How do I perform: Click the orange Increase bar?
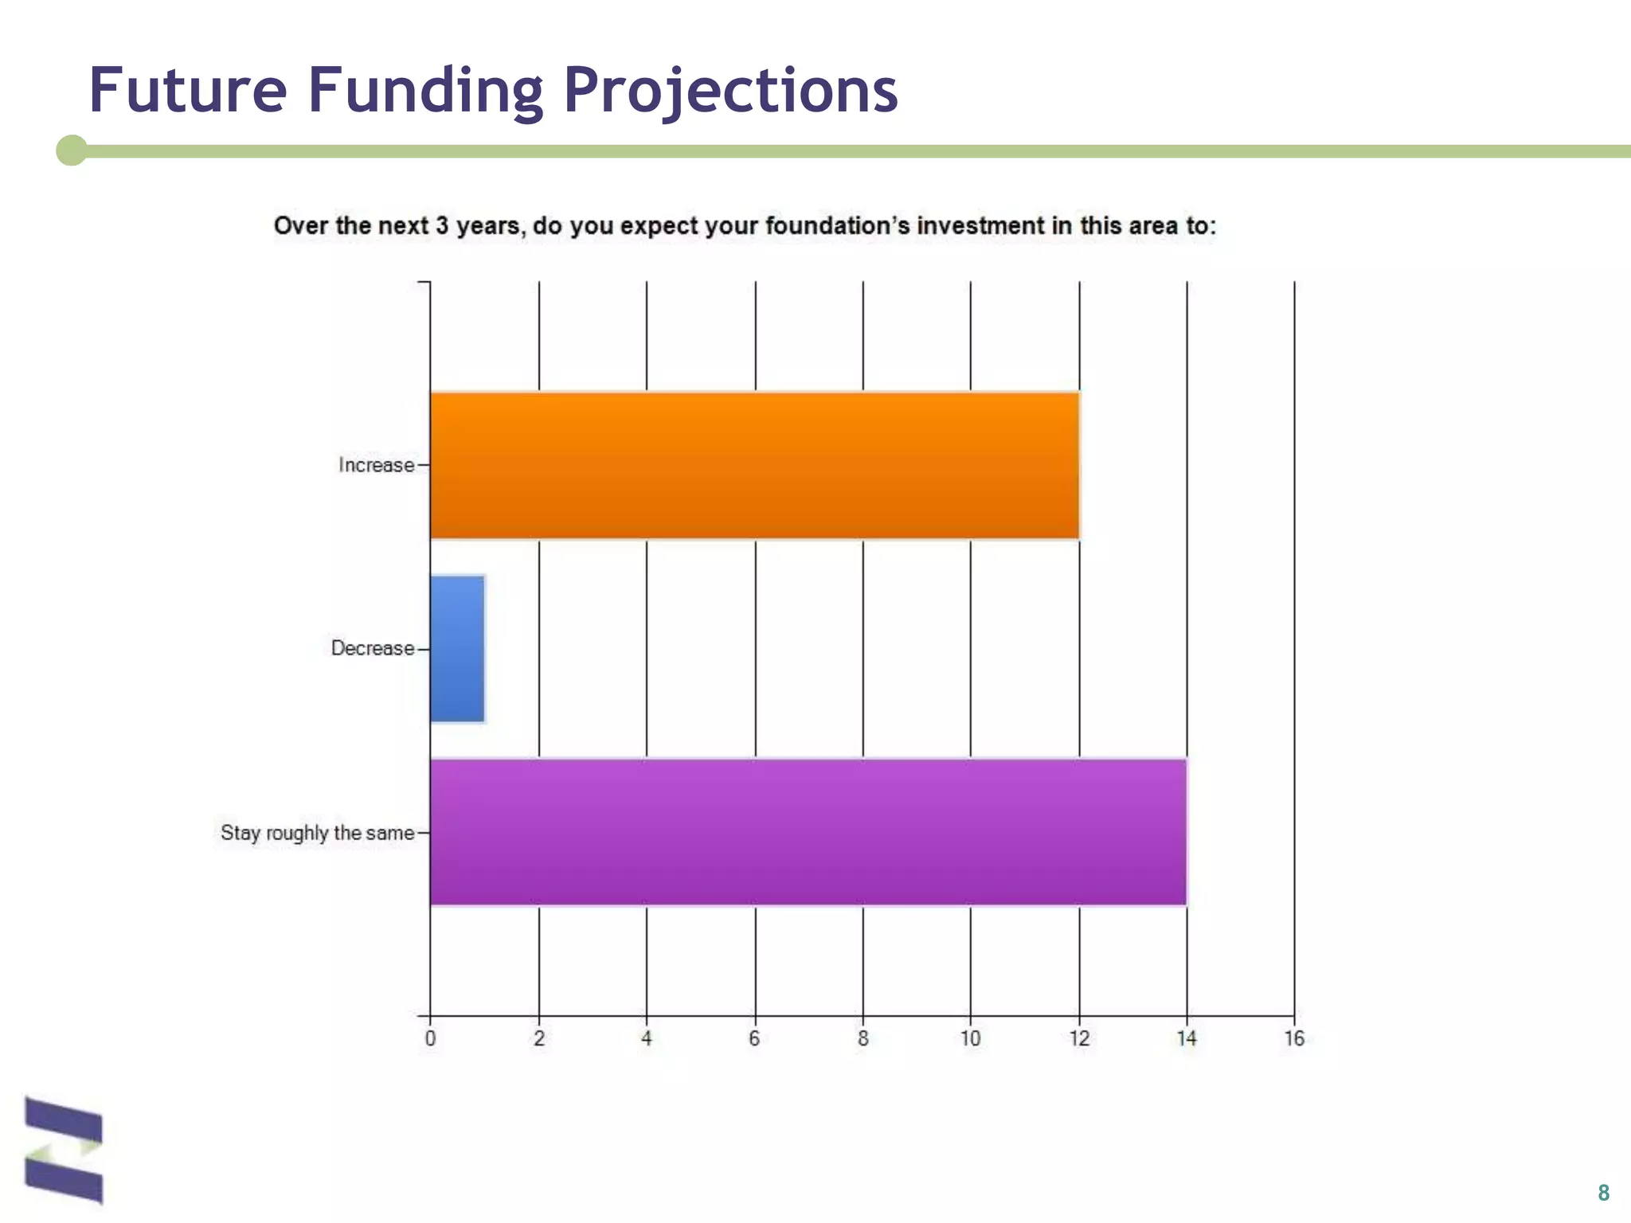(x=754, y=466)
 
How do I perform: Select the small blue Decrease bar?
(x=457, y=648)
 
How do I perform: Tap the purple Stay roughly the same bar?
(x=808, y=832)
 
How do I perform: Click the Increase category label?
(x=376, y=465)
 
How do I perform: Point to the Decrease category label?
(x=373, y=648)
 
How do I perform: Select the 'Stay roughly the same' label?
(x=317, y=833)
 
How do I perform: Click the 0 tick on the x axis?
(x=430, y=1038)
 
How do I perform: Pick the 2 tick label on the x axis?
(x=539, y=1038)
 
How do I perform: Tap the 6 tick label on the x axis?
(x=754, y=1038)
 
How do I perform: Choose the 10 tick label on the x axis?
(x=970, y=1038)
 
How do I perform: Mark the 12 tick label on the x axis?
(x=1079, y=1038)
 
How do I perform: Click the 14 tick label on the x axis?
(x=1187, y=1038)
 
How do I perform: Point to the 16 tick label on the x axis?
(x=1294, y=1038)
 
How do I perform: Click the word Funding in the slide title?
(x=425, y=91)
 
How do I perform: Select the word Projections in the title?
(x=730, y=91)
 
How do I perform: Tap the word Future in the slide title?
(x=188, y=89)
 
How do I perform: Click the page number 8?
(x=1603, y=1192)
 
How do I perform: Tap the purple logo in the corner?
(x=64, y=1149)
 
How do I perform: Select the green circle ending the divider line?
(x=72, y=150)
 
